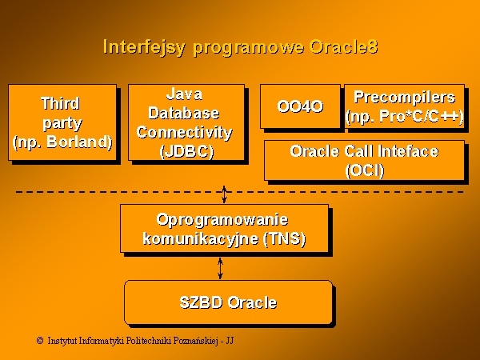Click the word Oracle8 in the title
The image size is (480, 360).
click(343, 47)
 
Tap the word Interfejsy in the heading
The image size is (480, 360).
click(144, 48)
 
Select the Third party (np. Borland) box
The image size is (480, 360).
click(62, 122)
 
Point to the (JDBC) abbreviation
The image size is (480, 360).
click(186, 151)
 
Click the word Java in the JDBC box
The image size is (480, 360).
click(184, 94)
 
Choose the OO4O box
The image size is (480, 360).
click(300, 106)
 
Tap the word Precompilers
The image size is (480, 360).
click(404, 98)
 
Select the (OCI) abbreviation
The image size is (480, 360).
click(364, 170)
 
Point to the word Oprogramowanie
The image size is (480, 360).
click(222, 220)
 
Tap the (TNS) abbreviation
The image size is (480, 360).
click(284, 238)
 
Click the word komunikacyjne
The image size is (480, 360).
click(201, 239)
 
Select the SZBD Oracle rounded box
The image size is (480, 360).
click(228, 302)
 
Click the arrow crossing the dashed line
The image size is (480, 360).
click(224, 194)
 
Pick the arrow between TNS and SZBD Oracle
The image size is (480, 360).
click(220, 269)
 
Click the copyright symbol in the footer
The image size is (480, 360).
click(40, 341)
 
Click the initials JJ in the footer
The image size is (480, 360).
click(230, 341)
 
